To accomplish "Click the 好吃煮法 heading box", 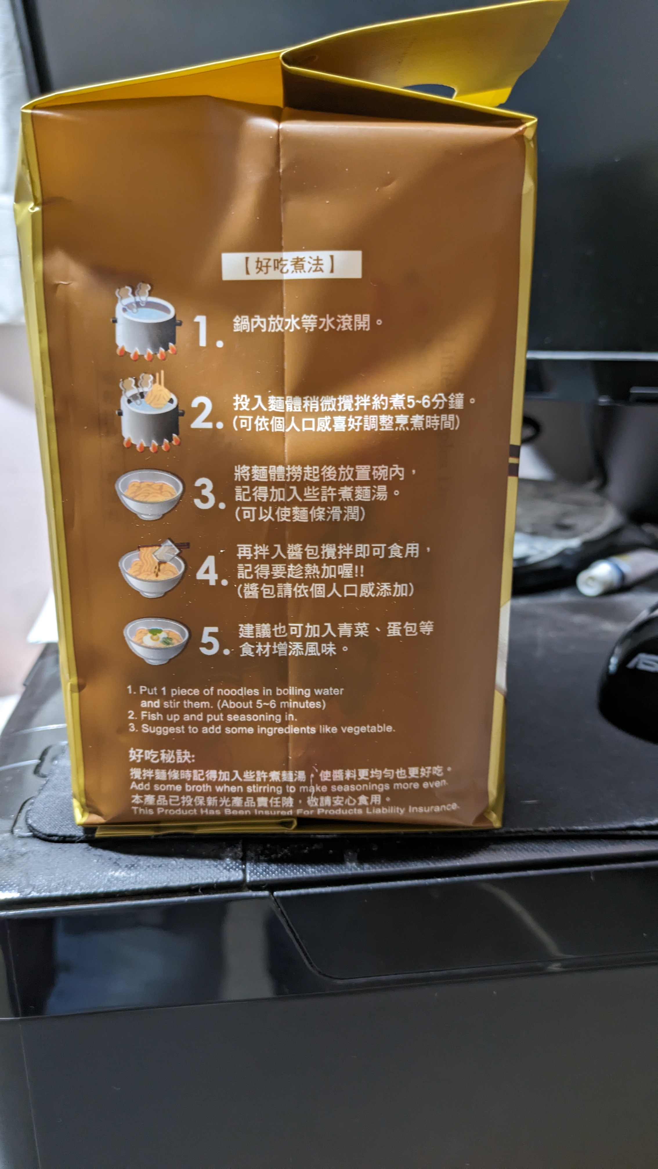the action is point(292,265).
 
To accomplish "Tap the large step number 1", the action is point(208,331).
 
